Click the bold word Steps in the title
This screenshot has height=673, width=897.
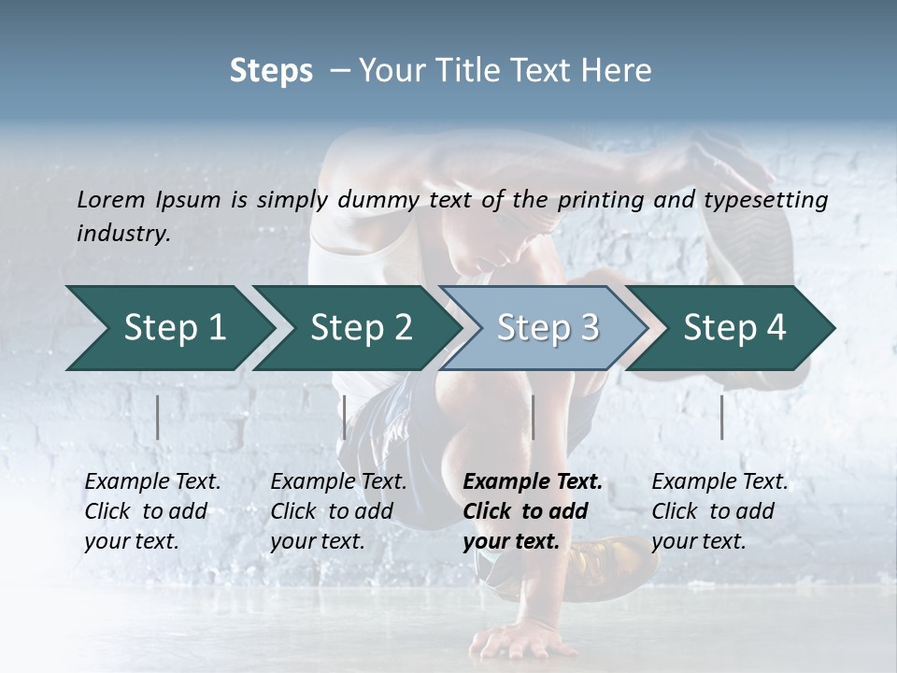(271, 71)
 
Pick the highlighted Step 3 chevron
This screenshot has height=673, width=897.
(547, 328)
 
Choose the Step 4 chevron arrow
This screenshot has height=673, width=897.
(733, 328)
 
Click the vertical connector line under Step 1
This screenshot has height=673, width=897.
(158, 417)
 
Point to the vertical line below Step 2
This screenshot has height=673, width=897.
(345, 417)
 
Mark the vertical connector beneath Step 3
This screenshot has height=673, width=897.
(533, 417)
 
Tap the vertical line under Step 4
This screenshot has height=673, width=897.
(721, 417)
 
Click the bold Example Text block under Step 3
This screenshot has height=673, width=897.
(533, 511)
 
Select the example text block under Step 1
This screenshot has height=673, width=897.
(152, 511)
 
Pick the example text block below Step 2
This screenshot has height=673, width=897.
(338, 511)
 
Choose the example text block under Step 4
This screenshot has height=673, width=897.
(719, 511)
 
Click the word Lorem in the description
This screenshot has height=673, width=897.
(111, 200)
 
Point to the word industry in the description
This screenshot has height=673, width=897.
(123, 234)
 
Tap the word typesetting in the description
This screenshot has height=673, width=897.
(768, 200)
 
